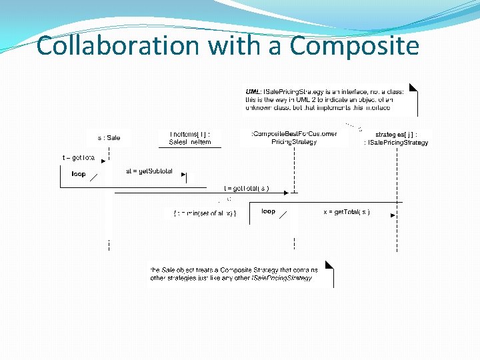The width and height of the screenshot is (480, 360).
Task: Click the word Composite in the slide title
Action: pyautogui.click(x=355, y=46)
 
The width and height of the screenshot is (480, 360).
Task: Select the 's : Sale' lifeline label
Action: pyautogui.click(x=109, y=138)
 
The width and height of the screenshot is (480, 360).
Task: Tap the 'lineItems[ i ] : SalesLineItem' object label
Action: pyautogui.click(x=190, y=137)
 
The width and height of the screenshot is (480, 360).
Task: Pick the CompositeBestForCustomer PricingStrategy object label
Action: pyautogui.click(x=294, y=137)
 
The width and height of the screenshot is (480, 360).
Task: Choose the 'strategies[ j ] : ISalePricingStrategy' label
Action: pyautogui.click(x=396, y=138)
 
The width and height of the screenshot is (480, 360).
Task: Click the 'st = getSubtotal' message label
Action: pyautogui.click(x=149, y=171)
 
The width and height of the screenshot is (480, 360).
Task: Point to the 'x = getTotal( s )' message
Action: pyautogui.click(x=347, y=211)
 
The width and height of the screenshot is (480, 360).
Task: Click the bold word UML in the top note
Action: pyautogui.click(x=253, y=91)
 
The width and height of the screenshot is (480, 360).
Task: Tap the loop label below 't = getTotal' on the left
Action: pyautogui.click(x=79, y=174)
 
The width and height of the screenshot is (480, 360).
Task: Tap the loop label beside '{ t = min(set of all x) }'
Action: pyautogui.click(x=268, y=211)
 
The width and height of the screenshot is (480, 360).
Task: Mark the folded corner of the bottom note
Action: pyautogui.click(x=329, y=265)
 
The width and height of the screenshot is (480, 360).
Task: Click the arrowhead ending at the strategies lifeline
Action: pyautogui.click(x=393, y=215)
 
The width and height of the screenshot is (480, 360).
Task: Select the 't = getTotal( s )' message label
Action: pyautogui.click(x=247, y=189)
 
